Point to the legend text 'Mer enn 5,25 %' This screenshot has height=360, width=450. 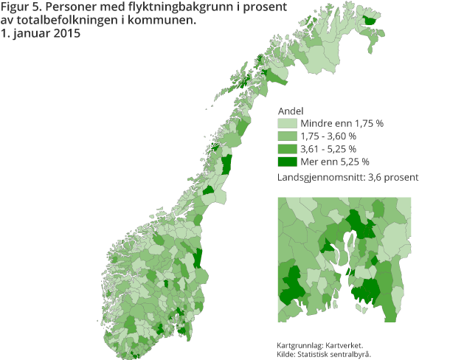point(334,161)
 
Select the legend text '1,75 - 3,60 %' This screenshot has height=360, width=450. point(328,136)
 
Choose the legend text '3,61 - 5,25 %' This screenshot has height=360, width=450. point(328,148)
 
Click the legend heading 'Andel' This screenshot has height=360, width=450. point(290,111)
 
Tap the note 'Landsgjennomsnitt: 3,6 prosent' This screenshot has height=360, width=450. point(347,177)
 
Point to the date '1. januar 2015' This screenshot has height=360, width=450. point(40,33)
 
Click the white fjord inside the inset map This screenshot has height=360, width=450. point(343,251)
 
